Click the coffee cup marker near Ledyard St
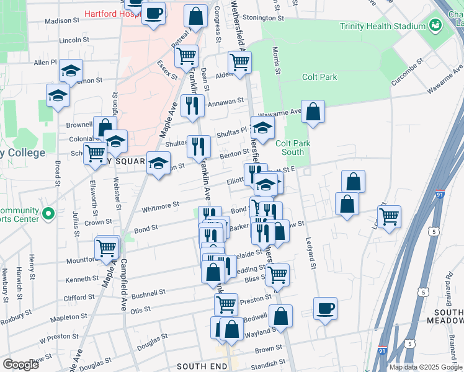click(x=325, y=308)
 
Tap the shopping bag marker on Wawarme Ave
click(x=314, y=112)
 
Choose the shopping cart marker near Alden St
click(x=239, y=62)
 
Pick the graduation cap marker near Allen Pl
click(x=71, y=71)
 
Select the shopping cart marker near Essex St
click(x=186, y=56)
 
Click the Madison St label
click(x=63, y=20)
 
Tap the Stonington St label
click(x=262, y=18)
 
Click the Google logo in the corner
click(x=20, y=364)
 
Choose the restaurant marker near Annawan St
click(x=193, y=105)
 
